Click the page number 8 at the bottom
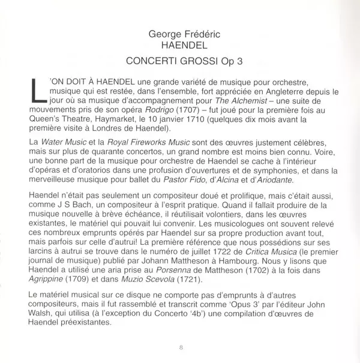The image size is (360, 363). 181,347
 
